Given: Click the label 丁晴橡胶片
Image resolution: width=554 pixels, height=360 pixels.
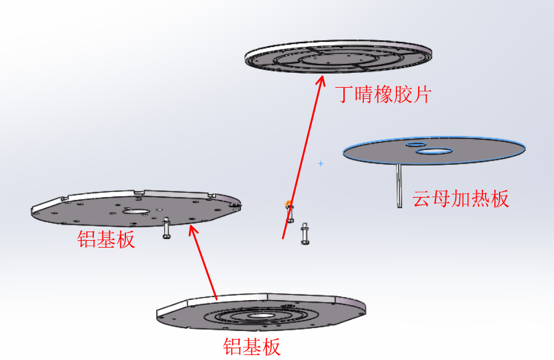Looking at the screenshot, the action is coord(384,94).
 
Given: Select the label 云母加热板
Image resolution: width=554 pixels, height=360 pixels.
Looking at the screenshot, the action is coord(461,199).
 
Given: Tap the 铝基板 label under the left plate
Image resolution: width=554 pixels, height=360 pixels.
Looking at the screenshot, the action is coord(106,239).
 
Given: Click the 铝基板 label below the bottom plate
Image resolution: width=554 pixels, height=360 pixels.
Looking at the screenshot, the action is coord(252,346).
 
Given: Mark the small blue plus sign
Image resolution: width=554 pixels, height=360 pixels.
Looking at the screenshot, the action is coord(321,164).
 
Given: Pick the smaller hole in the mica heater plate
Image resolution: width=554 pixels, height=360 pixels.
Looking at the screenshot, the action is coord(416,144).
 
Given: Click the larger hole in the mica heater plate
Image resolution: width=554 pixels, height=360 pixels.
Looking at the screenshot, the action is coord(434,151).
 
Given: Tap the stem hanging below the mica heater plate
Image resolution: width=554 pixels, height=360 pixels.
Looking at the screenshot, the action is coord(399,185).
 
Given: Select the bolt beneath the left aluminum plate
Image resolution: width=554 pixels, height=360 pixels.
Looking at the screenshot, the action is coord(166,228).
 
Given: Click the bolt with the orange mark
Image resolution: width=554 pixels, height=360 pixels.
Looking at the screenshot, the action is coord(290,212).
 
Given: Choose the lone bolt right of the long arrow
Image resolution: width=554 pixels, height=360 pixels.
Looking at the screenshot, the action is coord(305,233).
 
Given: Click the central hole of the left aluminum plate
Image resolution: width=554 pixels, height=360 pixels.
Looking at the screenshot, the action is coord(136,212).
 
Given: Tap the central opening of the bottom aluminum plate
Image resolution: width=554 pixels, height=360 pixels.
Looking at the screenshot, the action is coord(261,316).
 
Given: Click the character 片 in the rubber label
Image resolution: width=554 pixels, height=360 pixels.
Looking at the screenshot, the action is coord(422,94).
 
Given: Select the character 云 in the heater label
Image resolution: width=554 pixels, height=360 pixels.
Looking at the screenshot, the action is coord(422,199).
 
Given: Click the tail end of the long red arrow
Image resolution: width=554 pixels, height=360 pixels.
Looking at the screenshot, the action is coord(283,239).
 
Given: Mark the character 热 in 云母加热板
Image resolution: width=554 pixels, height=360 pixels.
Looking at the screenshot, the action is coord(480,199).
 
